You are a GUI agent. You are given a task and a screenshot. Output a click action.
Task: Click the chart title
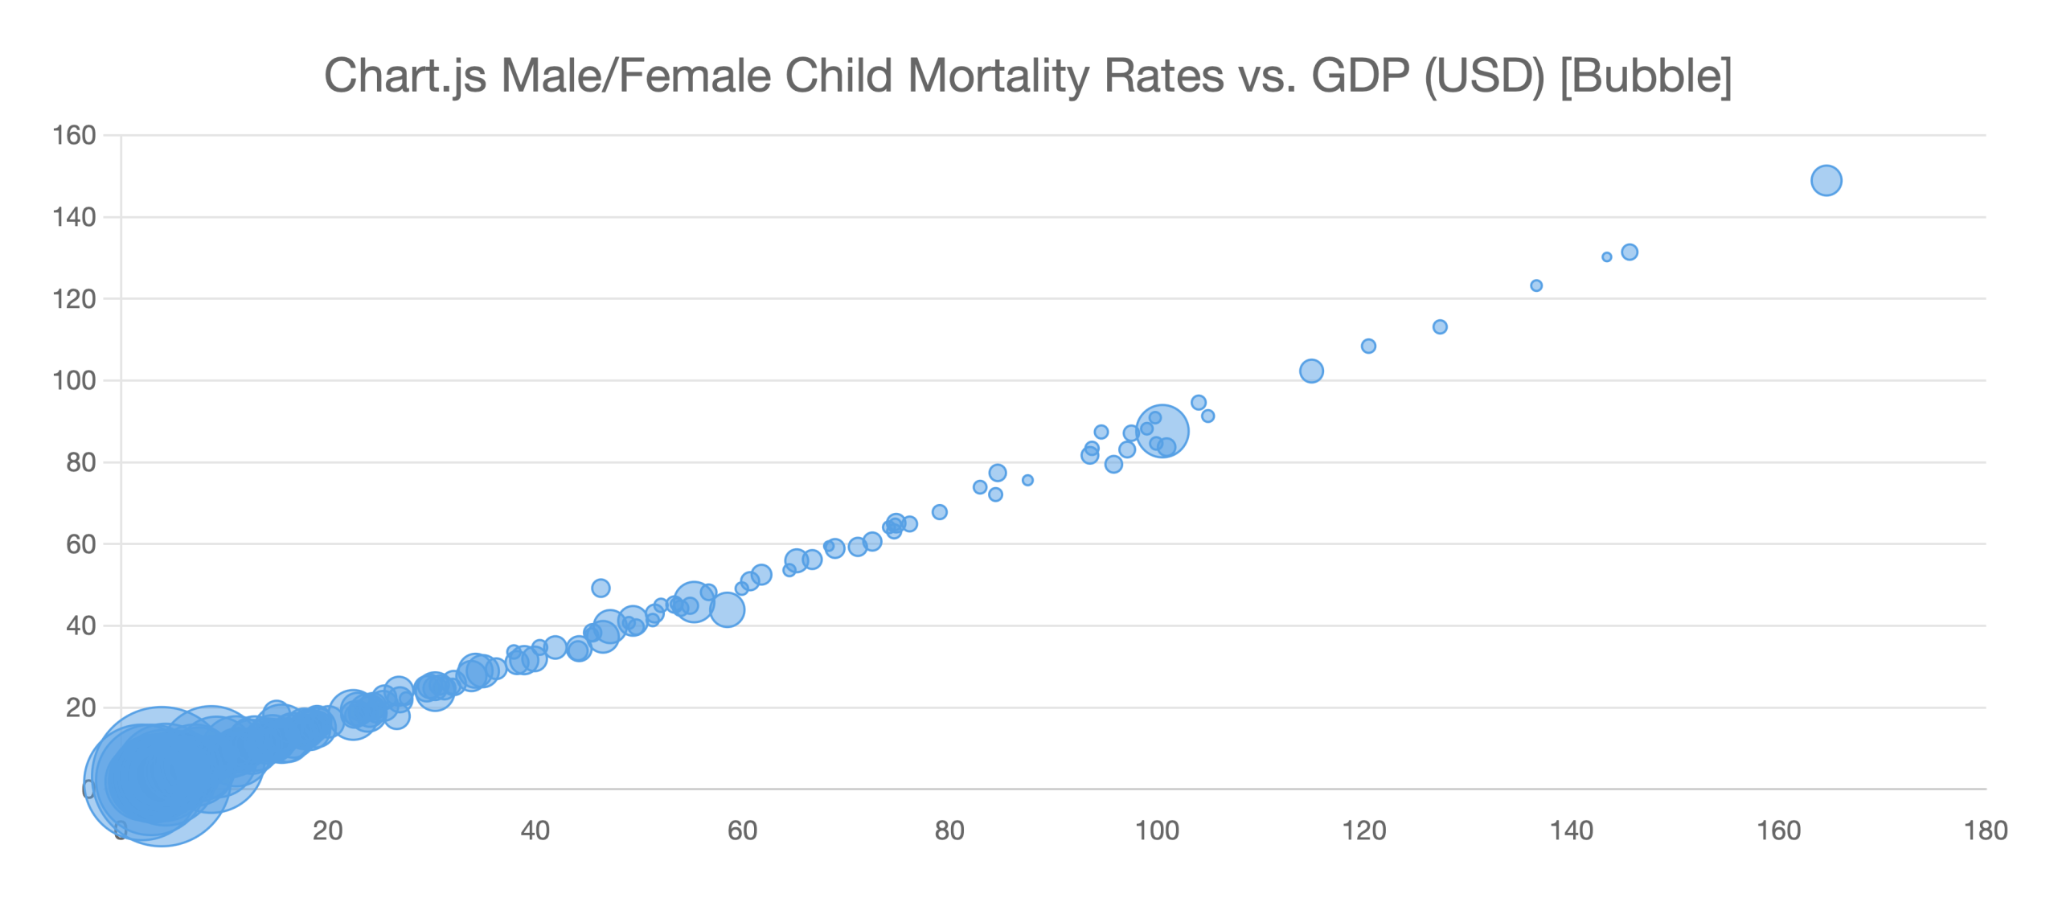(1027, 76)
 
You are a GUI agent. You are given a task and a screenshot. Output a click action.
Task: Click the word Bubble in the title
(1645, 76)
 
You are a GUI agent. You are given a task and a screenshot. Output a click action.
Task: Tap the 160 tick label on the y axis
(74, 135)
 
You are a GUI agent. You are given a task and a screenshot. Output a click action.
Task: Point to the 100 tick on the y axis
(74, 380)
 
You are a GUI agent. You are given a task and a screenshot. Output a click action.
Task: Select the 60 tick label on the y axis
(80, 544)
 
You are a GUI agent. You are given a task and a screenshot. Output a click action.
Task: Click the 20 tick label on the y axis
(80, 707)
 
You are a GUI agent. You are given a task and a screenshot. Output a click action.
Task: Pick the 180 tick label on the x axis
(1985, 830)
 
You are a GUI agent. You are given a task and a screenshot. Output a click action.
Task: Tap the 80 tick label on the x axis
(949, 830)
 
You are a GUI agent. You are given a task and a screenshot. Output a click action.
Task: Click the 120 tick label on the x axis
(1363, 830)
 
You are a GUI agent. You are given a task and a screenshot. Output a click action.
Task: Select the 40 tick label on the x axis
(535, 830)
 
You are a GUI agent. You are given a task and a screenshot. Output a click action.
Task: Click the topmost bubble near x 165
(1826, 180)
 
